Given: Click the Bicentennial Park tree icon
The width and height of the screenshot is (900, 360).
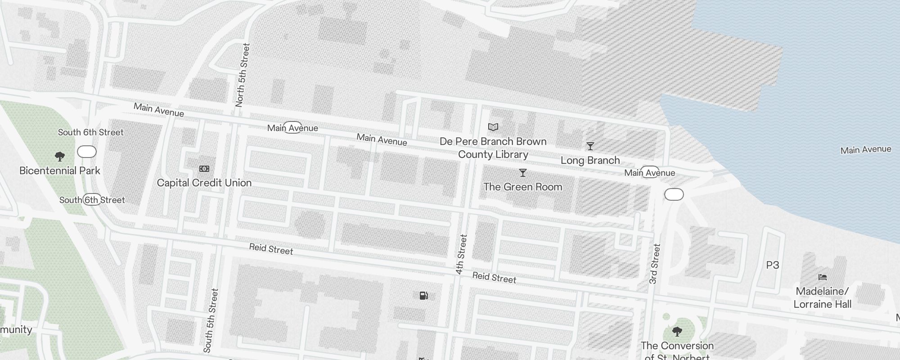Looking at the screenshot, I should pos(59,157).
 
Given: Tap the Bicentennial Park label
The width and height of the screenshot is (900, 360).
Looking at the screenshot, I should pos(60,171).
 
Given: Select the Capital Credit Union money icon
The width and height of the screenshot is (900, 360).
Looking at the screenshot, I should pos(204,169).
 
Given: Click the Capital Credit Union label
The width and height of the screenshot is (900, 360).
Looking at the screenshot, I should pos(204,183).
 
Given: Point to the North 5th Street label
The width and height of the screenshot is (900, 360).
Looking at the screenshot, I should pos(242,75).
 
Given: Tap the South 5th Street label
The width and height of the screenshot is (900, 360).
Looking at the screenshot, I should pos(211,320).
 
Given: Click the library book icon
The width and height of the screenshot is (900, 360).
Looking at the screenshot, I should pos(493,127).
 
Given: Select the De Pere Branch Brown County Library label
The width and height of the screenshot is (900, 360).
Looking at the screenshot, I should pos(493,148).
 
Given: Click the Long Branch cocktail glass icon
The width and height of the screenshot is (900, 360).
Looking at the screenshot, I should pos(590,146).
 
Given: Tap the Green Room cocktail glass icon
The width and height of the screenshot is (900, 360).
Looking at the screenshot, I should pos(522,173).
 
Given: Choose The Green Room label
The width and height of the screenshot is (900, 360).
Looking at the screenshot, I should pos(522,187).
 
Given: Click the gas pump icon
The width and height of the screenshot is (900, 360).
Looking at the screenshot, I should pos(423,296).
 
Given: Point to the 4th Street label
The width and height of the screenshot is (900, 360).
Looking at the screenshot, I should pos(461,254).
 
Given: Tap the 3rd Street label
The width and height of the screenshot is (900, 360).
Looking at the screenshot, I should pos(655,264).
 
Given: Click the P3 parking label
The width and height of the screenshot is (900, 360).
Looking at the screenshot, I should pos(772,265).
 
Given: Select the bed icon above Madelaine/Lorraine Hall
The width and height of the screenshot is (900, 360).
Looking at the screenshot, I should pos(823,277).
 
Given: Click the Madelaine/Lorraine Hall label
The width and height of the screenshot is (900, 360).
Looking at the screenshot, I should pos(822,297).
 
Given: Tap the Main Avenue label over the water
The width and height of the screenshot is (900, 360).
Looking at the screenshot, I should pos(865,150).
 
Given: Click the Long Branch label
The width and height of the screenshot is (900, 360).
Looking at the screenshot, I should pos(590,160).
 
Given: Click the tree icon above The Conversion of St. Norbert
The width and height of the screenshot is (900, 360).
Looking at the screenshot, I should pos(677,332).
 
